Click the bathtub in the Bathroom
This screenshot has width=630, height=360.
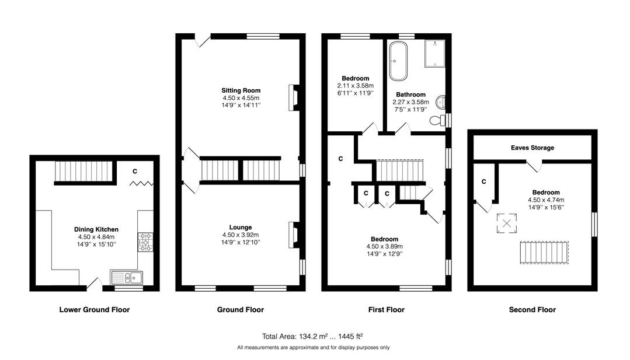(x=398, y=61)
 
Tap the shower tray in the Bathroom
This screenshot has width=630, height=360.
(x=435, y=53)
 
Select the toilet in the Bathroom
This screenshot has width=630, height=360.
(x=437, y=120)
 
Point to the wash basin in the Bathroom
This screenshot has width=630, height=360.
(x=441, y=102)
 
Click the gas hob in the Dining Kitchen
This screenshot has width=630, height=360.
(x=145, y=242)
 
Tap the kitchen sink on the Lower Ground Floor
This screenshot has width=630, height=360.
(x=127, y=277)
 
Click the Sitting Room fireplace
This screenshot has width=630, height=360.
(x=294, y=97)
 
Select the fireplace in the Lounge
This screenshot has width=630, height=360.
(x=294, y=235)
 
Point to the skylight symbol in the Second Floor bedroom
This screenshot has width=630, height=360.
(x=507, y=223)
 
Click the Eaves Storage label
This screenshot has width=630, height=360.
(x=532, y=148)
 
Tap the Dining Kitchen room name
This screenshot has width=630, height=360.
(x=96, y=229)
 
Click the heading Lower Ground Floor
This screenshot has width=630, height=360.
(x=95, y=309)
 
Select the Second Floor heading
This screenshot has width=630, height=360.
(x=532, y=309)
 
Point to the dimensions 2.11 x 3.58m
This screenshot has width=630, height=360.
(x=356, y=86)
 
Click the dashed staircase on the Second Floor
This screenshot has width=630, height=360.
(x=544, y=253)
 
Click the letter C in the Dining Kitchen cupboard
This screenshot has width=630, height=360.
(x=135, y=171)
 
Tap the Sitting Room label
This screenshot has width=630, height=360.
(x=241, y=90)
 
